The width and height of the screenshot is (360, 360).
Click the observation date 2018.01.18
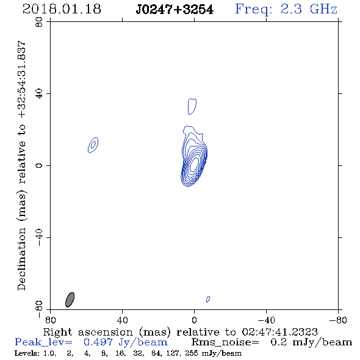point(62,9)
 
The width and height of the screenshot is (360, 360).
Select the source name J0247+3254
point(175,10)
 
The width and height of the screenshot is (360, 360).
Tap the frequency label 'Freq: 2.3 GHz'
point(286,10)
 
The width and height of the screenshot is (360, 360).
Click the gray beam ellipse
point(70,300)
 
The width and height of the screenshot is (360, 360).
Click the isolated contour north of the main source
point(192,106)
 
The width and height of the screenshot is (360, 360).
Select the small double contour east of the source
point(93,145)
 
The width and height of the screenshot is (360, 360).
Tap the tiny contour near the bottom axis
point(208,299)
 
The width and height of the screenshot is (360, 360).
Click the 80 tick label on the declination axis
point(39,22)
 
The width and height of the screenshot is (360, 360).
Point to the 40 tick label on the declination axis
point(39,94)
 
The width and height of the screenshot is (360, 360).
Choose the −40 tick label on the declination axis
point(39,237)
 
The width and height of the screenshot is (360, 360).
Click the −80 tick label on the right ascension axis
point(338,320)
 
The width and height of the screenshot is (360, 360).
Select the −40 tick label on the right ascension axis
point(266,320)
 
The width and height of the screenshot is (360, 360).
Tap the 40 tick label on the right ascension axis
point(122,320)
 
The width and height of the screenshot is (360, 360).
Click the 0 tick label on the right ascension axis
point(194,320)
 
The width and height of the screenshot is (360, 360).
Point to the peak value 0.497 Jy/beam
point(126,342)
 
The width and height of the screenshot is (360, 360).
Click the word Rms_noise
point(225,342)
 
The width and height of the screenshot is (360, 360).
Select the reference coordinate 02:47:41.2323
point(279,332)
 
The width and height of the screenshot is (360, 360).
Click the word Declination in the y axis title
point(21,259)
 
